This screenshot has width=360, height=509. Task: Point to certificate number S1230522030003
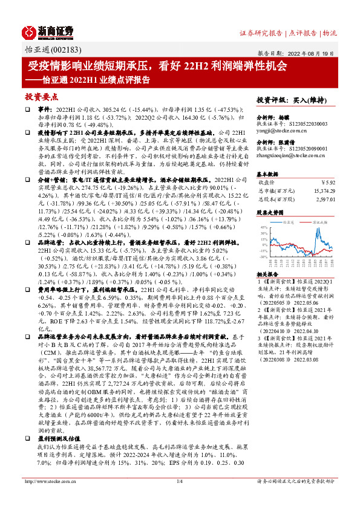click(307, 124)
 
